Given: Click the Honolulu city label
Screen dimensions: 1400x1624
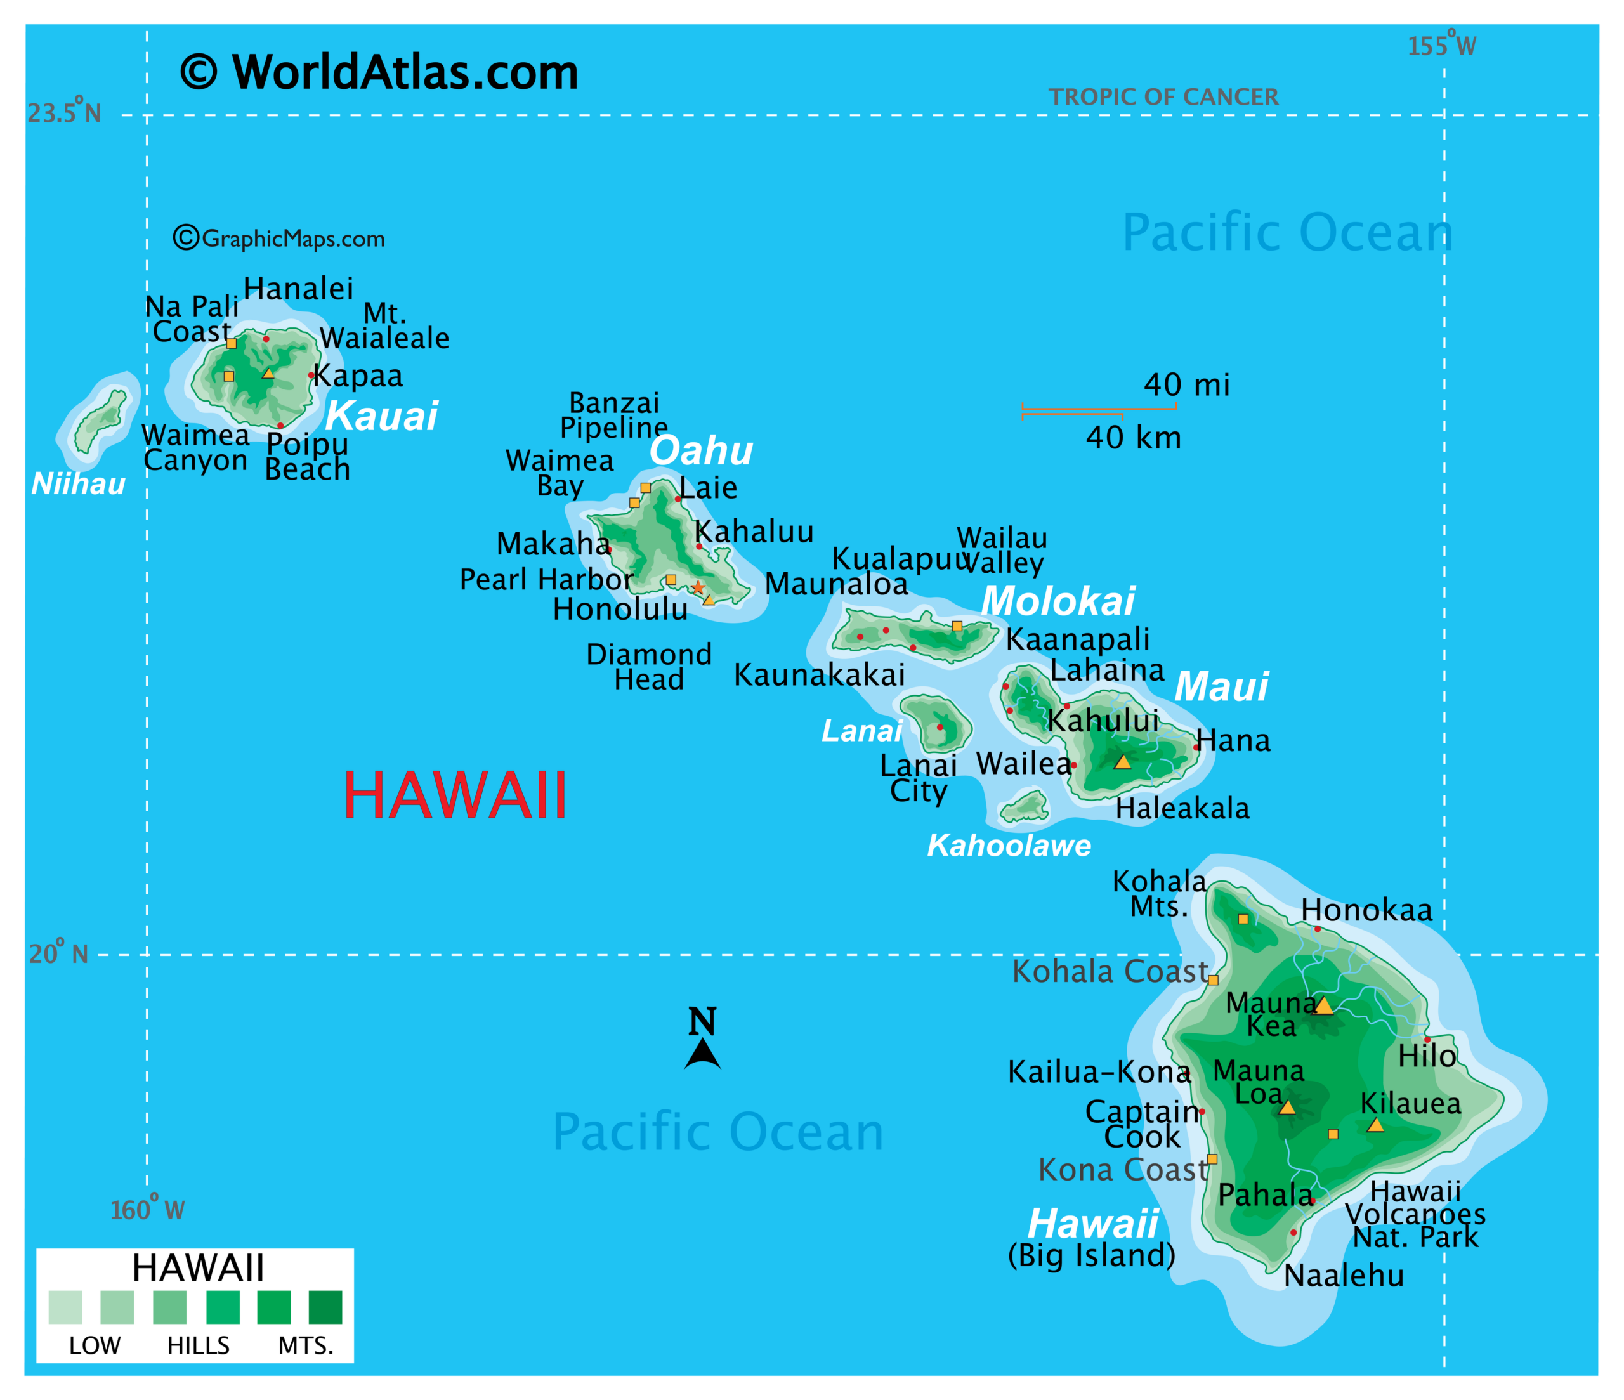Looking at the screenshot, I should [x=620, y=609].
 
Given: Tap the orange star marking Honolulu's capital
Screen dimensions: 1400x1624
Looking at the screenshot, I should [x=698, y=587].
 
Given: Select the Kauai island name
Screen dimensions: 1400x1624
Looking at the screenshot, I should [x=382, y=415].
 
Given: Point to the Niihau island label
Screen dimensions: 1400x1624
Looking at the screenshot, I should [x=79, y=483].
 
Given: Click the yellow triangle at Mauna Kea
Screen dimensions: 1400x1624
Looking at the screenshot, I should [x=1324, y=1005].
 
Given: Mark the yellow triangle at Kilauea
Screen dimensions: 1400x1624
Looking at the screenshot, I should [x=1375, y=1125].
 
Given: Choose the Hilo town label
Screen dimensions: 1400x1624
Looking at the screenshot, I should [x=1427, y=1057].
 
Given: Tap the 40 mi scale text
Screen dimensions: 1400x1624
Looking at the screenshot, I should [x=1187, y=385].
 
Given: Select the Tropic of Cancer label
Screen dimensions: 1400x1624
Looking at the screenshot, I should [x=1163, y=97].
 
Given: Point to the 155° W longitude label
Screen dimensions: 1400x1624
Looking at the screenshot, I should [x=1441, y=46].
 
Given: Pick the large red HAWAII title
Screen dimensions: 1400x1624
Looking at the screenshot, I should [x=455, y=795].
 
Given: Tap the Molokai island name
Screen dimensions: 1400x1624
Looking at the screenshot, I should [x=1058, y=601].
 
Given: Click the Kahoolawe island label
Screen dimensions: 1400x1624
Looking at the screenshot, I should [x=1009, y=845].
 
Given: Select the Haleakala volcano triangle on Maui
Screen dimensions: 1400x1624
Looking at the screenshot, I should [x=1122, y=762].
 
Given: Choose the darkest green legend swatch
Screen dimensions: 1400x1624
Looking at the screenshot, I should [x=325, y=1307].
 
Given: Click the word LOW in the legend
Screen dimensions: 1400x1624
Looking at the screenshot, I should [x=95, y=1346].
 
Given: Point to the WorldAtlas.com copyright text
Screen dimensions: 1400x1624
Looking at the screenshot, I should [x=379, y=72].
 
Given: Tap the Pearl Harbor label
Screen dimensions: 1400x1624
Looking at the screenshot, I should [x=546, y=579].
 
